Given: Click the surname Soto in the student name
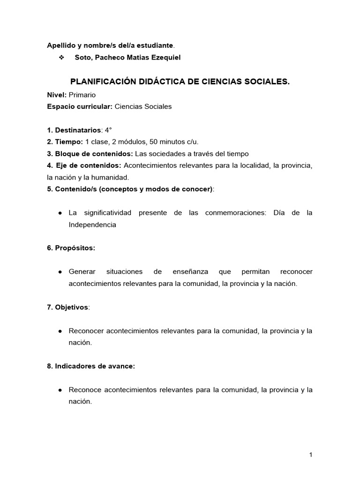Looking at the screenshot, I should point(83,57).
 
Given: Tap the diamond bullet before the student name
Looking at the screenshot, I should point(61,57).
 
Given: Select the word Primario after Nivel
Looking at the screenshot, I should point(82,95).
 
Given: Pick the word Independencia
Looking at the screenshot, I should point(92,225).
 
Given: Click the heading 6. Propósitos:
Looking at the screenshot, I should point(71,248).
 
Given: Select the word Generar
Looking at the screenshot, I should point(82,272).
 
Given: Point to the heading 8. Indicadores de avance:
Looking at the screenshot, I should point(91,366).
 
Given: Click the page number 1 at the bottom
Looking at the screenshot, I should point(311,455).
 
